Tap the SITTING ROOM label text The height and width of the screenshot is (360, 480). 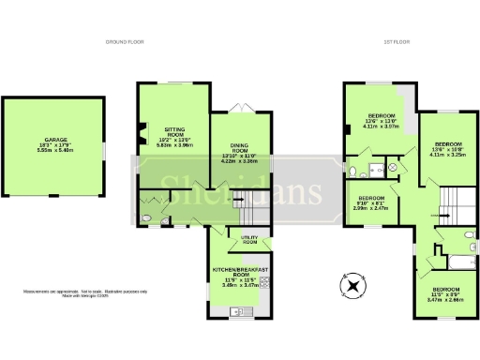[175, 136]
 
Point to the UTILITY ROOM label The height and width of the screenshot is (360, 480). [249, 240]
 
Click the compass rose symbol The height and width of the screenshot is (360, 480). [353, 287]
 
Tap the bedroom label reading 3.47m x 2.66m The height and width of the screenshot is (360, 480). [445, 293]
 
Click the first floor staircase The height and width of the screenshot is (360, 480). [456, 200]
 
